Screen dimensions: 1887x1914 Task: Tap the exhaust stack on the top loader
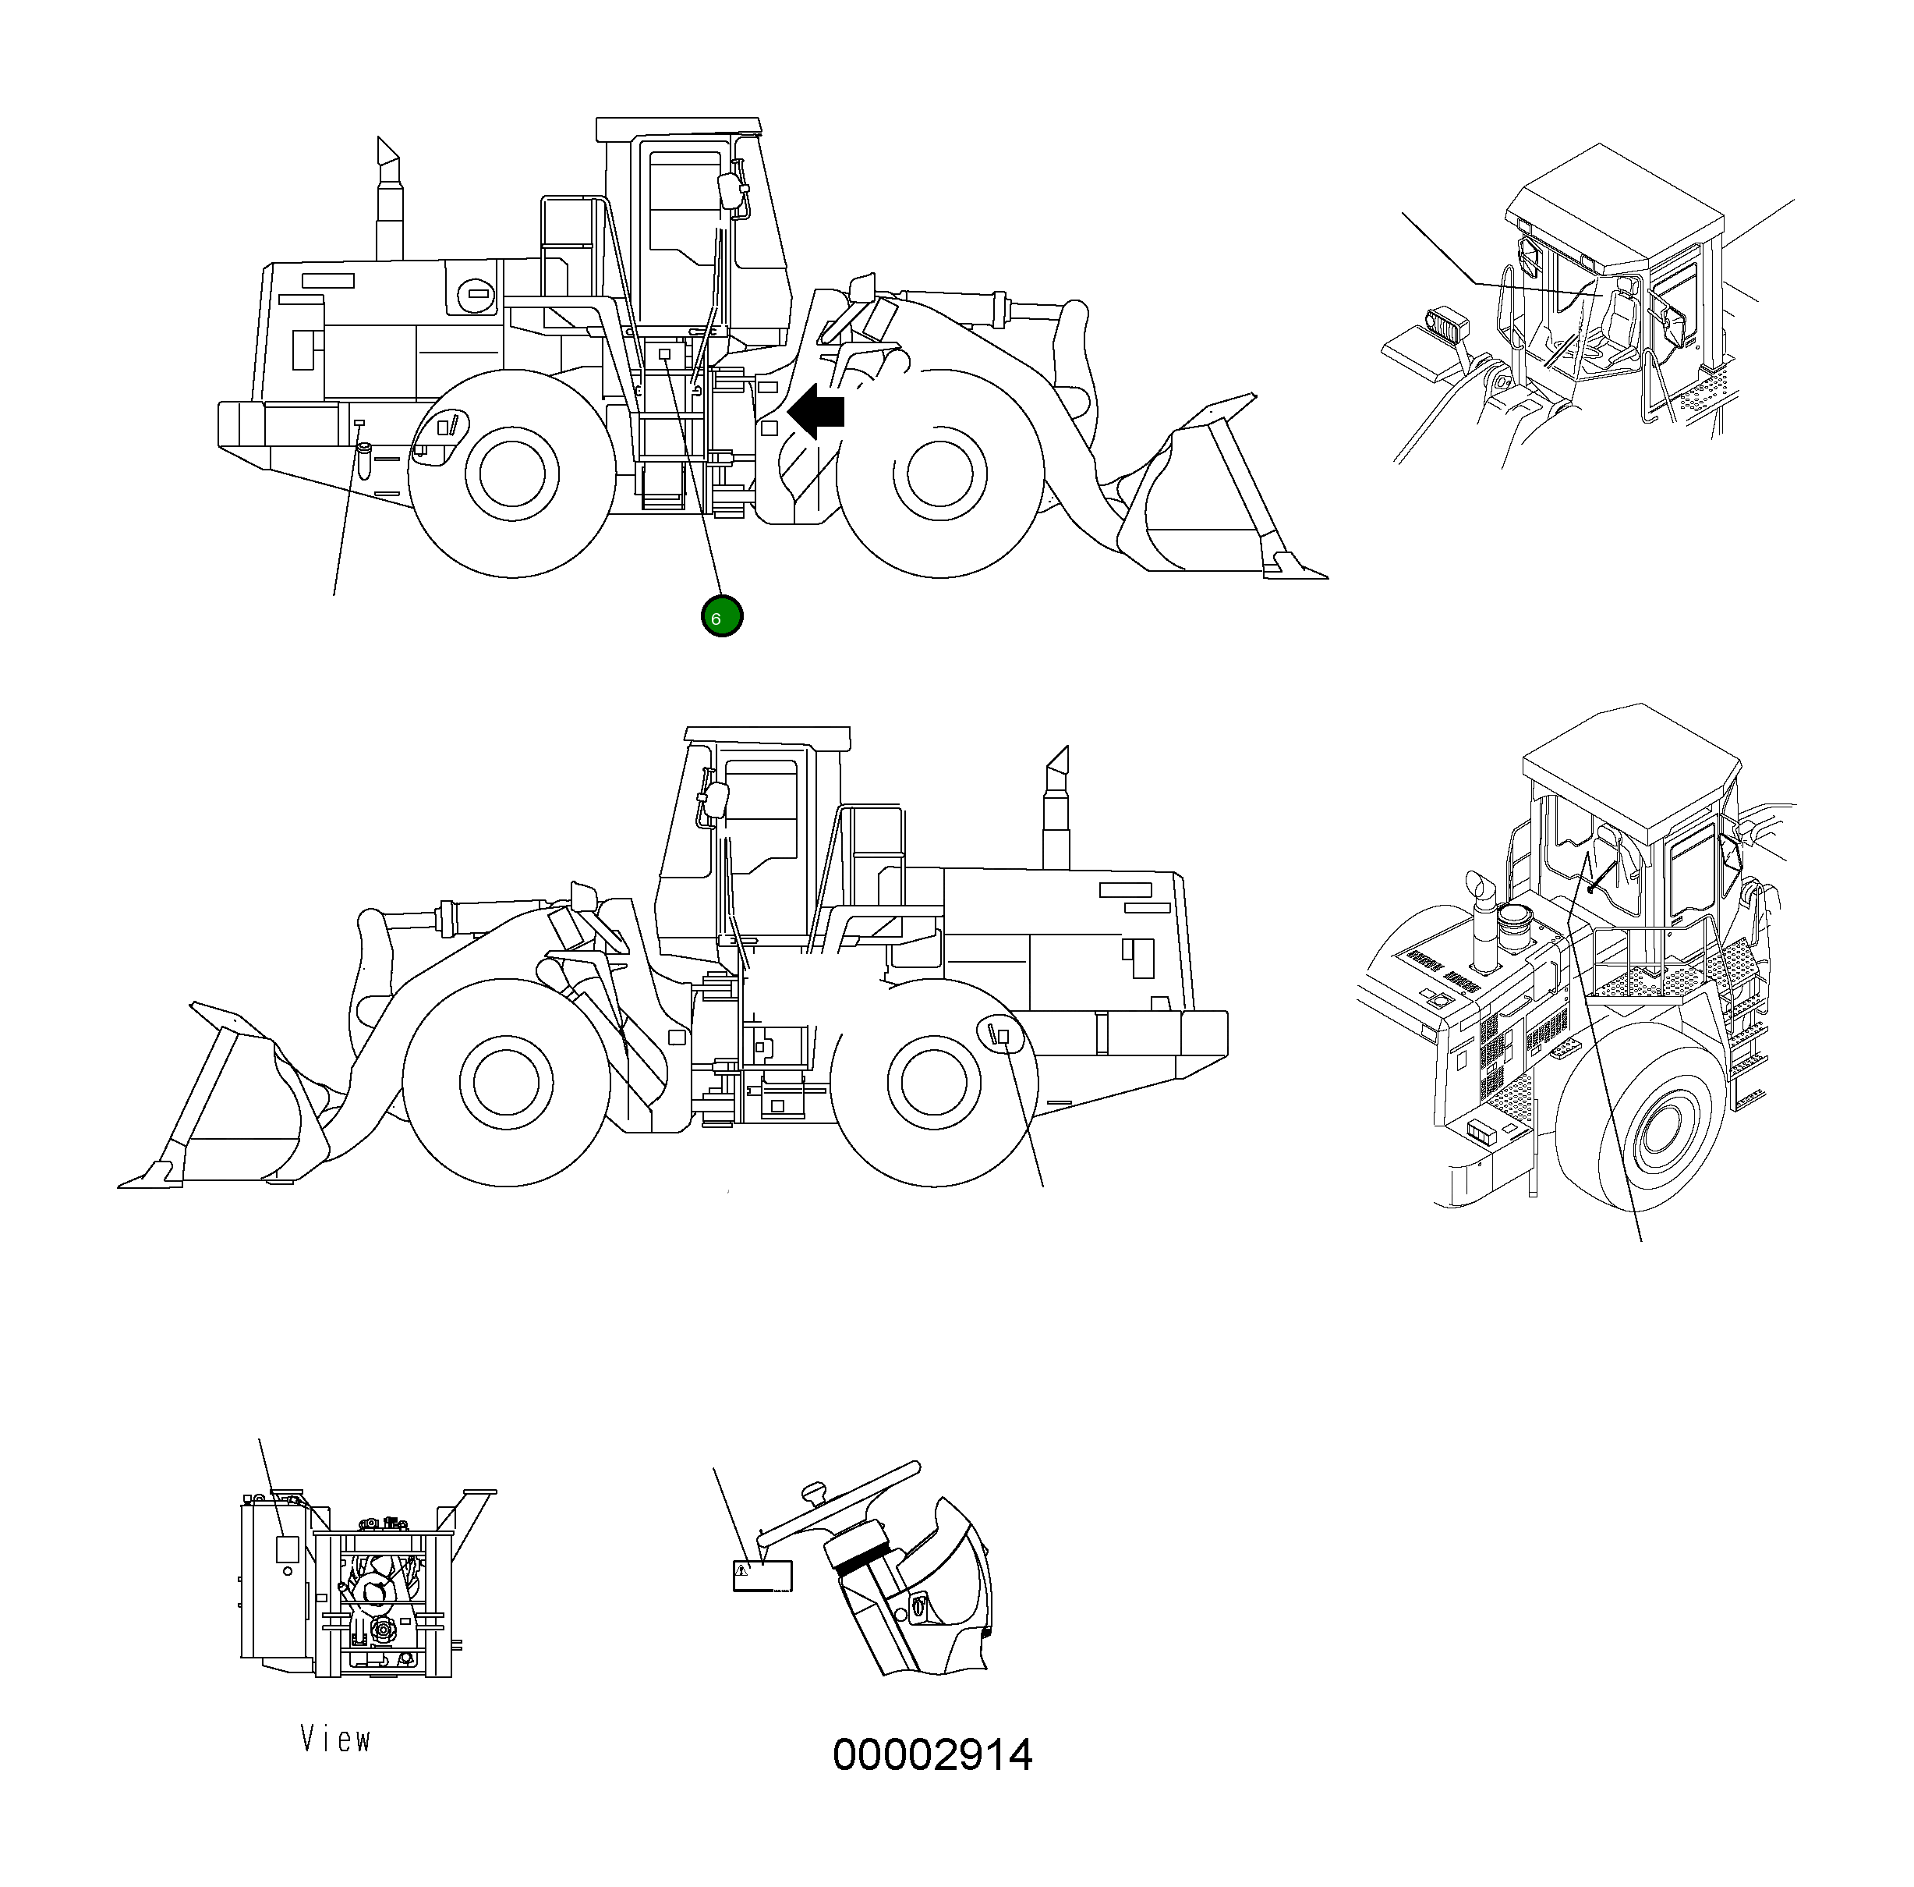click(x=389, y=203)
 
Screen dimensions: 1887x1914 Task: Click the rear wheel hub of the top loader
click(x=513, y=474)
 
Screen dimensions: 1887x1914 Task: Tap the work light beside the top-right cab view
click(x=1447, y=323)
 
